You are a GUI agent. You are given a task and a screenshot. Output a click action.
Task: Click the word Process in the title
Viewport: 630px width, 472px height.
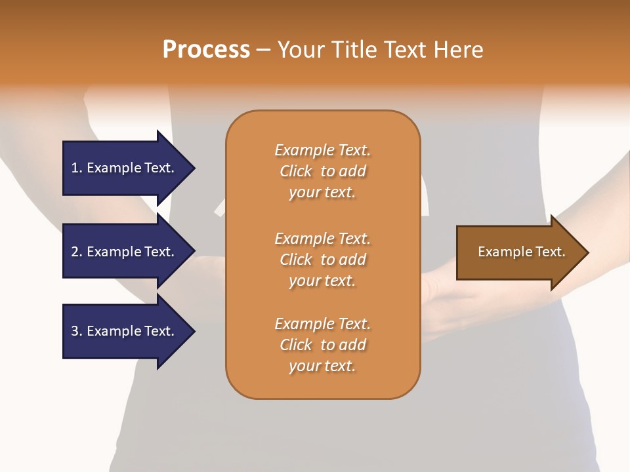pyautogui.click(x=206, y=50)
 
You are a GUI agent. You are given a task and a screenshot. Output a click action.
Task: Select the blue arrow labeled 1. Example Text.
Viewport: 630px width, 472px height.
pyautogui.click(x=125, y=168)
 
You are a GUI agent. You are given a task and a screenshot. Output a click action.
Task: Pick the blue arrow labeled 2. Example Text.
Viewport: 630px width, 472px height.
pyautogui.click(x=125, y=252)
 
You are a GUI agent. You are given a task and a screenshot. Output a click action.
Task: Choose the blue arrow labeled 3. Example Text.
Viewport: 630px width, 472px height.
pyautogui.click(x=125, y=331)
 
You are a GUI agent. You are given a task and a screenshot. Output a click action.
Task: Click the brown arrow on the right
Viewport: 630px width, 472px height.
pyautogui.click(x=518, y=252)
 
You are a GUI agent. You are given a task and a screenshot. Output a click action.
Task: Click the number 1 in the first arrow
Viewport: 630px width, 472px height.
pyautogui.click(x=75, y=168)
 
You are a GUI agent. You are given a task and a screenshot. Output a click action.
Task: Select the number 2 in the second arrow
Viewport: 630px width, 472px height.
pyautogui.click(x=75, y=252)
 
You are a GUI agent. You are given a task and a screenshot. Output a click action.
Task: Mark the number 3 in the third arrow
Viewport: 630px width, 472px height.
pyautogui.click(x=75, y=331)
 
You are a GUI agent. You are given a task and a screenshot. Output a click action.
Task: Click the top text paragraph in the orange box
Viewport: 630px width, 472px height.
pyautogui.click(x=322, y=171)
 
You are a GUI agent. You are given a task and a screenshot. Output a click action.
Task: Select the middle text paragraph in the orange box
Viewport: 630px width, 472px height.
pyautogui.click(x=322, y=260)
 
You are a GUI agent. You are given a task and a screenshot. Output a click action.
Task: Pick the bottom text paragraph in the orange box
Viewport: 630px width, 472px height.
pyautogui.click(x=322, y=345)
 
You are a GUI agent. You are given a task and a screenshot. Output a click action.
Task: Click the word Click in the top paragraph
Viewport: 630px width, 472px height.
pyautogui.click(x=296, y=171)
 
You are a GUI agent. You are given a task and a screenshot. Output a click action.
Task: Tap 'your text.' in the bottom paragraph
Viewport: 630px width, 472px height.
pyautogui.click(x=322, y=366)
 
